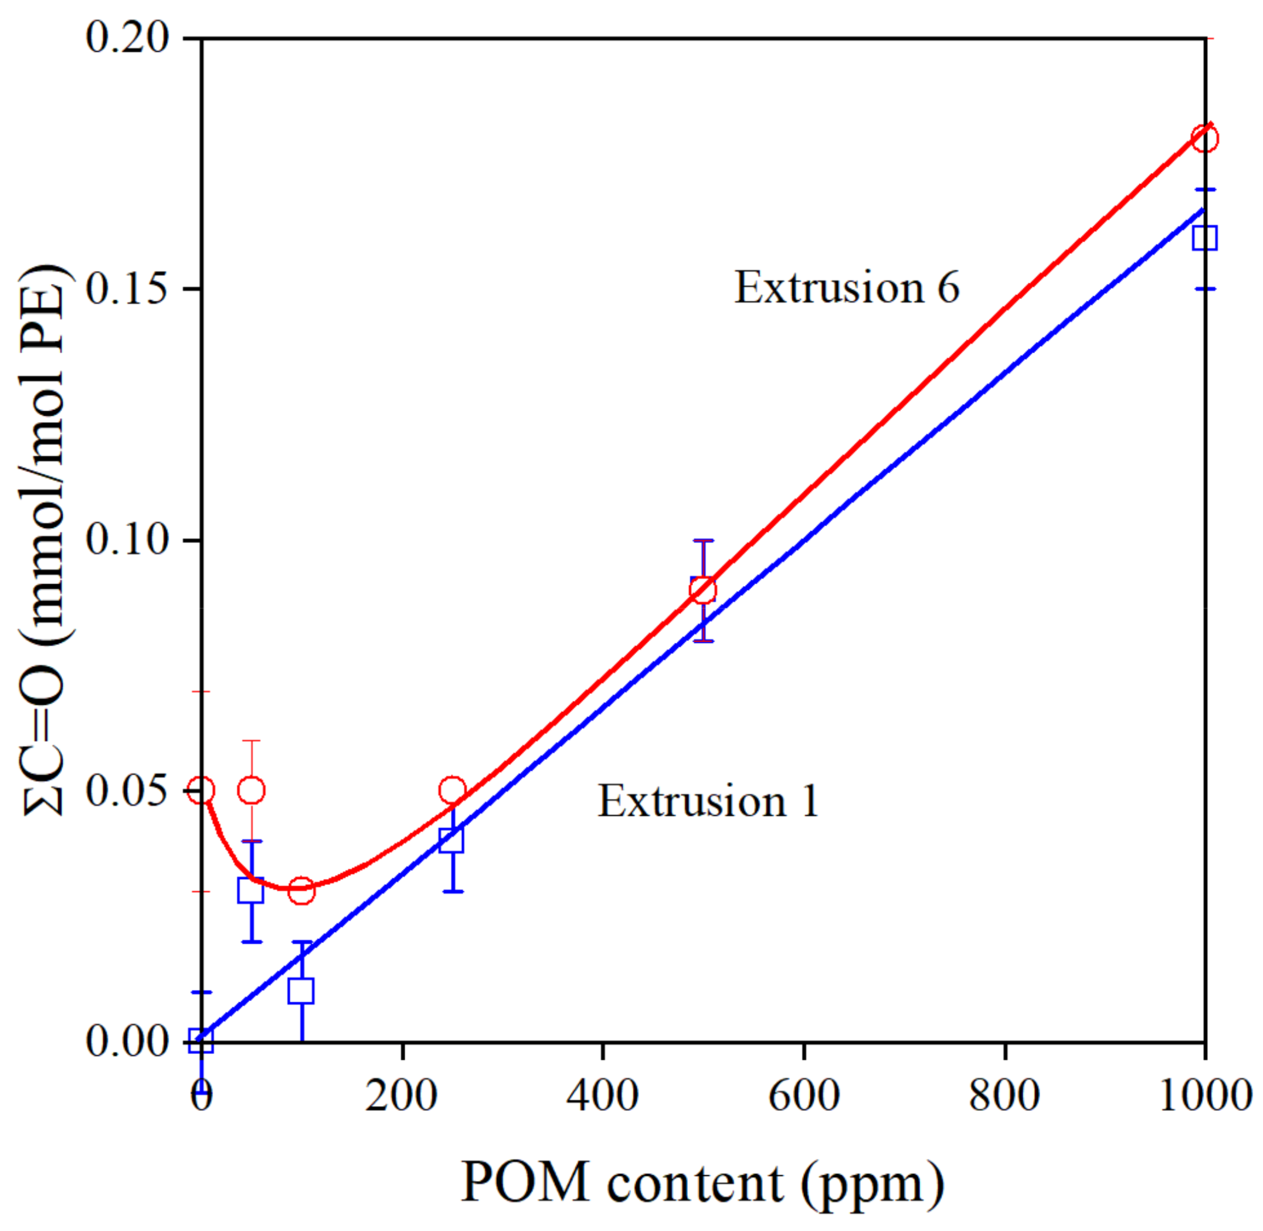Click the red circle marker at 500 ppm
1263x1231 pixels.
pyautogui.click(x=702, y=589)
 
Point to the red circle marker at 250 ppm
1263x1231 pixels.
pyautogui.click(x=453, y=790)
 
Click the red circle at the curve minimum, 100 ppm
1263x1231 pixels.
pyautogui.click(x=301, y=891)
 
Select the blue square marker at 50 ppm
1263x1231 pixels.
pyautogui.click(x=251, y=890)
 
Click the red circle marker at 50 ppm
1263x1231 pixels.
pyautogui.click(x=252, y=790)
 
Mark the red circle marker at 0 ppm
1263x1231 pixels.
pyautogui.click(x=201, y=790)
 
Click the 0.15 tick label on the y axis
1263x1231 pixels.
pyautogui.click(x=127, y=289)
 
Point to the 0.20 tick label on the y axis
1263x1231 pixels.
pyautogui.click(x=127, y=39)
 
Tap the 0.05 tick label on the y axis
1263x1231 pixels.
pyautogui.click(x=127, y=791)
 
